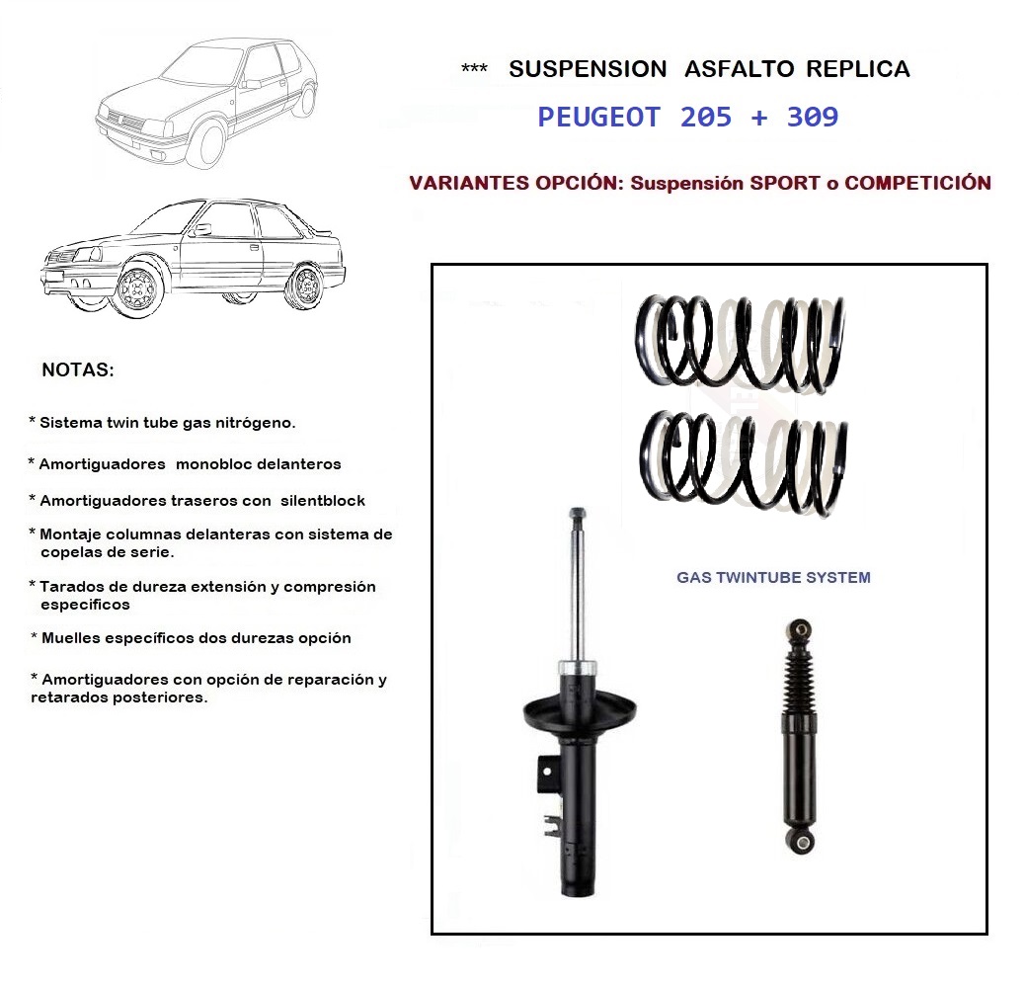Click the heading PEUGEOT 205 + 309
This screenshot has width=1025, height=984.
point(687,118)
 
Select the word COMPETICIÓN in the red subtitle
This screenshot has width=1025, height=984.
point(917,183)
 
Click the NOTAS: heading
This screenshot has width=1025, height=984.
point(78,371)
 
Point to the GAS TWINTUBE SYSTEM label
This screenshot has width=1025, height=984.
point(773,577)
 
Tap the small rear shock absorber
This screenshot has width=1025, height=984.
point(798,736)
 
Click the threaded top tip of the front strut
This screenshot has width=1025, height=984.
point(578,515)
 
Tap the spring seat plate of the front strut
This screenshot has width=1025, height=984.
point(578,710)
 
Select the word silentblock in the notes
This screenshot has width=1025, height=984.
point(323,501)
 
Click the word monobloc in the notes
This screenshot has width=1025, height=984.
point(217,463)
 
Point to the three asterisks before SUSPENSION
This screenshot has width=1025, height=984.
point(474,70)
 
